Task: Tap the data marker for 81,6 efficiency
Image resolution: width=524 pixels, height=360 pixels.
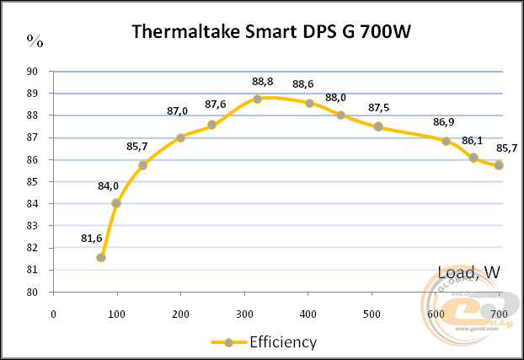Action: coord(101,257)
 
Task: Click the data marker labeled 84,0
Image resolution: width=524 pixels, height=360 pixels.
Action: coord(116,203)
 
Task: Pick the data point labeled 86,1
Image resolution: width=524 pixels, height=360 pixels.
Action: coord(474,158)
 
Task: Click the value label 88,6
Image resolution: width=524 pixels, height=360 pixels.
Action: coord(303,84)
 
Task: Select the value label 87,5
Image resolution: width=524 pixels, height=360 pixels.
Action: coord(379,108)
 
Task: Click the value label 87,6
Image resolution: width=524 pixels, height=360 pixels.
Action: coord(216,105)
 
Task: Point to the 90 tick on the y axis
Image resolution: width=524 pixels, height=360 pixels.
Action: coord(33,72)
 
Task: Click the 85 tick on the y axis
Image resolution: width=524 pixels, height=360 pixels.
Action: coord(33,182)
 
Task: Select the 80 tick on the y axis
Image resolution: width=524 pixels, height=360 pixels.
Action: coord(33,293)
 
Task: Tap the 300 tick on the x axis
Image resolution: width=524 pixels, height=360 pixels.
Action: coord(244,314)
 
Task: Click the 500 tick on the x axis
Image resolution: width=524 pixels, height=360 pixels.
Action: coord(372,314)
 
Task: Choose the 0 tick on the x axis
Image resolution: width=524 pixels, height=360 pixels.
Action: coord(54,314)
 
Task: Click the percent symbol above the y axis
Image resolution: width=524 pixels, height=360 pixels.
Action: coord(34,40)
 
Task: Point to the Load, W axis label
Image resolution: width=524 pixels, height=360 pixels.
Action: coord(469,272)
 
